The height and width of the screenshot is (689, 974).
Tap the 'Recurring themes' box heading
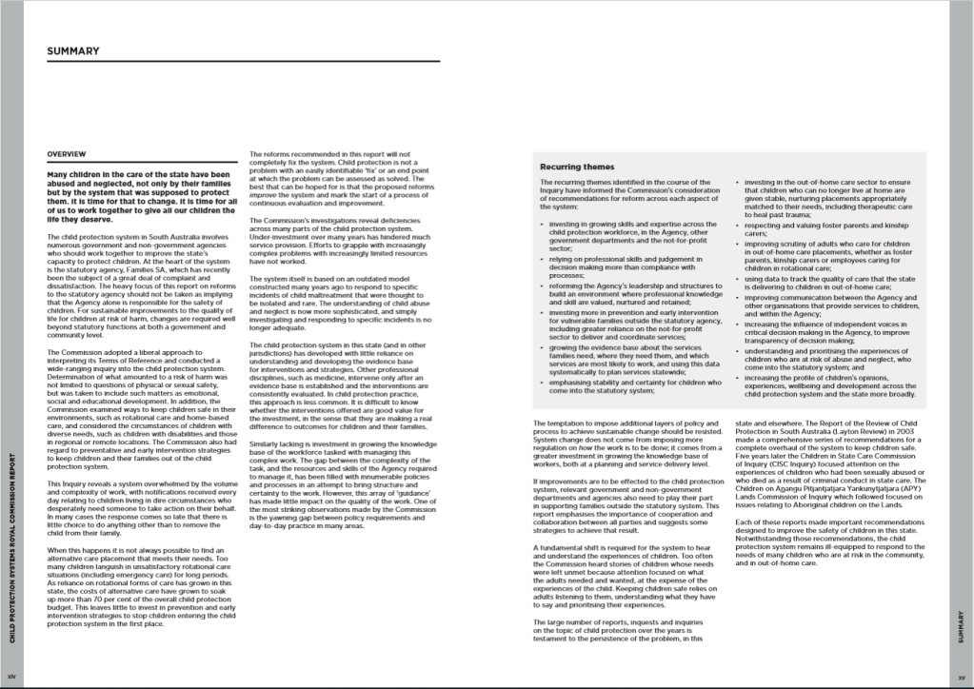coord(577,167)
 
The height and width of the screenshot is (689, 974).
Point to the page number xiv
coord(10,675)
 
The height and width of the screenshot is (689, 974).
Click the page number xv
coord(962,675)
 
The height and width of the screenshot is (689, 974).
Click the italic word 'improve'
coord(264,199)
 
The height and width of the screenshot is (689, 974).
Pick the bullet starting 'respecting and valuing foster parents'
coord(828,227)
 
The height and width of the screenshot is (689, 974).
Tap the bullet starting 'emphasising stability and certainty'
coord(634,385)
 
